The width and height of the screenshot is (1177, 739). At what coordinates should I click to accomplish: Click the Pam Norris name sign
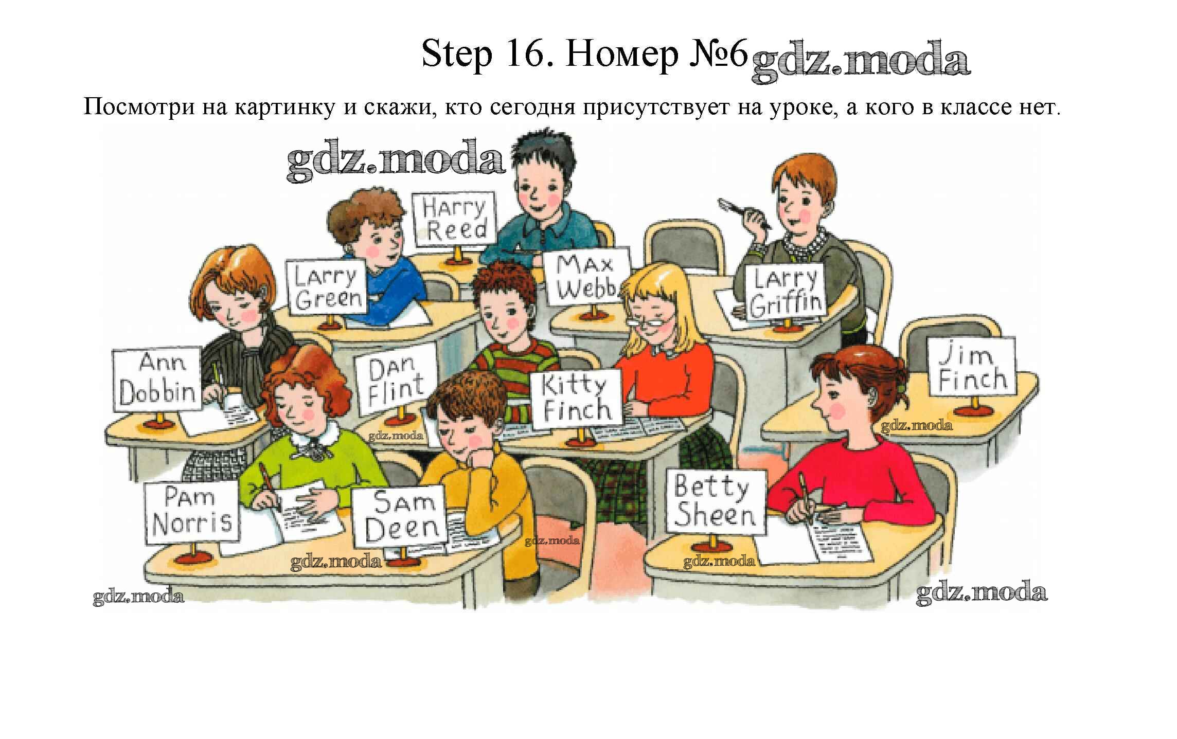tap(191, 513)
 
